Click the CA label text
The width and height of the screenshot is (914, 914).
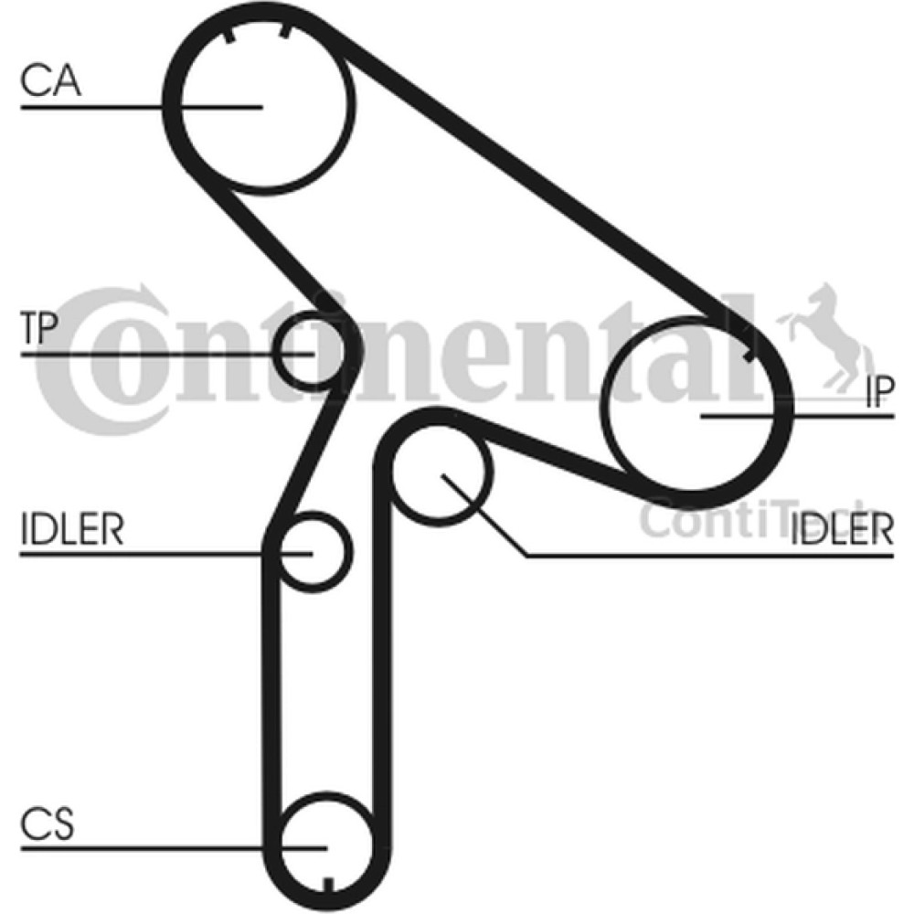50,80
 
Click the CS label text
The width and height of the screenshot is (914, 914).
48,824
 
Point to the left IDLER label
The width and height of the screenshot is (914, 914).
72,528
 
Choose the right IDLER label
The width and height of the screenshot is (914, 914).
842,528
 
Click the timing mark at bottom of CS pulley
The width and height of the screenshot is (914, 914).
328,884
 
